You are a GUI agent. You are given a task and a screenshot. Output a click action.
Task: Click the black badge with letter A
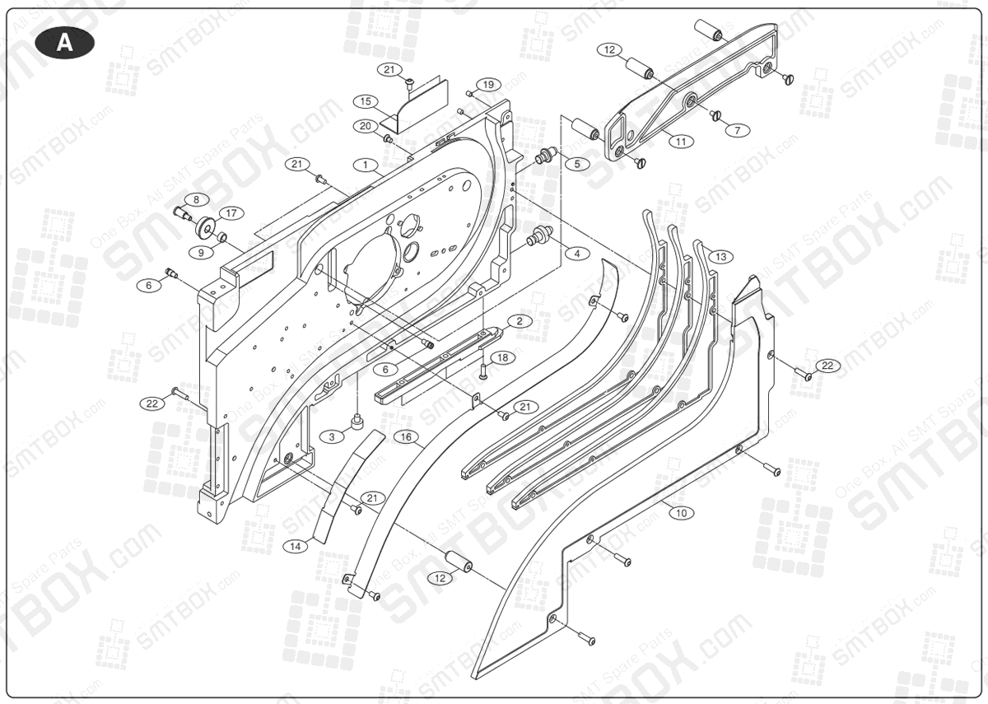pos(65,44)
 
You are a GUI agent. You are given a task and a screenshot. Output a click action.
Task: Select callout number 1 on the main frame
pos(364,165)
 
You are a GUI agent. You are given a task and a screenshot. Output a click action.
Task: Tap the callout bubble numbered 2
pos(520,319)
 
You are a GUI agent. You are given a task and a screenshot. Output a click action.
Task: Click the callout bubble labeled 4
pos(576,254)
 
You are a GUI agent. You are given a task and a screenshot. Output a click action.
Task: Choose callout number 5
pos(576,164)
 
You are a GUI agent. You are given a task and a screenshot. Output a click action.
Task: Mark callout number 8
pos(197,199)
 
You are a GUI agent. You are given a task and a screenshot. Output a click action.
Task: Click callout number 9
pos(202,253)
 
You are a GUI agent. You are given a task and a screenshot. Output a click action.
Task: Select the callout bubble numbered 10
pos(680,513)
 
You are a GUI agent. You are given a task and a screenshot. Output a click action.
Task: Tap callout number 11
pos(680,142)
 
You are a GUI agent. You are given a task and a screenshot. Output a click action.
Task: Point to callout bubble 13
pos(720,257)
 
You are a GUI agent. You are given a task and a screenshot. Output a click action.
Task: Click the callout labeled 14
pos(296,545)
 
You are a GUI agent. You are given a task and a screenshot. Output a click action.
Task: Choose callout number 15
pos(366,101)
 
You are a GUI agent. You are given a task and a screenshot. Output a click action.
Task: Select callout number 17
pos(231,212)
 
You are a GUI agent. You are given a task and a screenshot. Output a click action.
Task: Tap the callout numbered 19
pos(488,85)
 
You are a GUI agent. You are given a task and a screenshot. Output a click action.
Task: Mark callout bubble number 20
pos(366,126)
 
